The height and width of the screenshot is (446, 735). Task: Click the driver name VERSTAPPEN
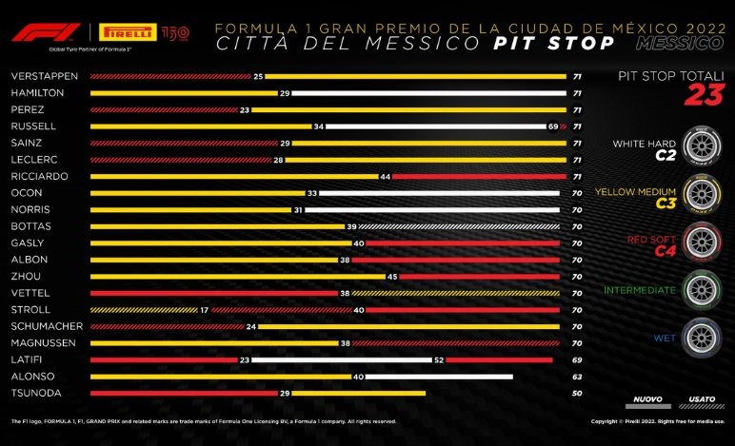[x=37, y=76]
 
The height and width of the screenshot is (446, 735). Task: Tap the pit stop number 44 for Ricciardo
[x=385, y=176]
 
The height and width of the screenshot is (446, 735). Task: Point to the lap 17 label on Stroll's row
[x=204, y=309]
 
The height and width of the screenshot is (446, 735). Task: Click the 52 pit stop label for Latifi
[x=438, y=359]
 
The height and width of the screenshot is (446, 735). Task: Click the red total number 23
[x=706, y=94]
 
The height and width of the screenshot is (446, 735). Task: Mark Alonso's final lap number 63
[x=577, y=376]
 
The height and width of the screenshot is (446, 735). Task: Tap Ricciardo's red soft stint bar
[x=475, y=176]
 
